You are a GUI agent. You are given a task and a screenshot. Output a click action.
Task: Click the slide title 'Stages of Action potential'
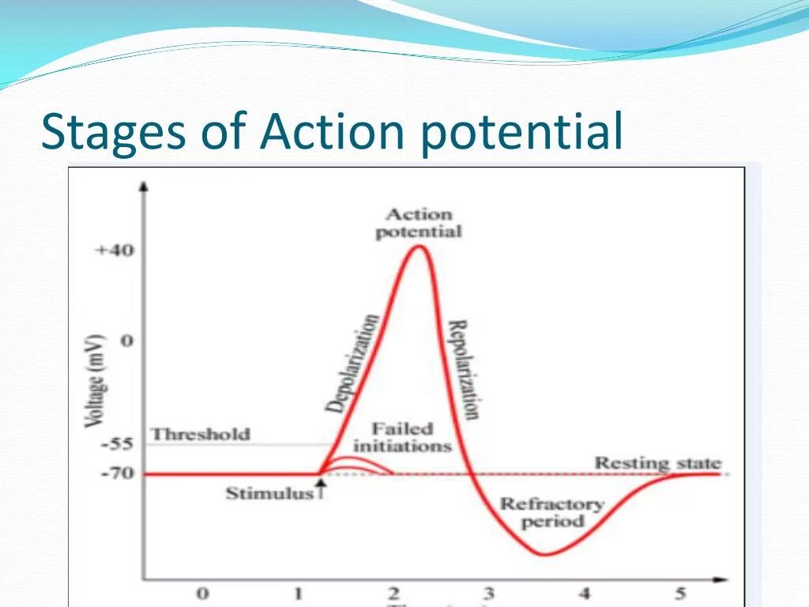click(x=332, y=131)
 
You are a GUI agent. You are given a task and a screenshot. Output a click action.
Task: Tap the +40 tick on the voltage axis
click(x=115, y=251)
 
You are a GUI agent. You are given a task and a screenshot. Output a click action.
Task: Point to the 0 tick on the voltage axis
click(x=127, y=341)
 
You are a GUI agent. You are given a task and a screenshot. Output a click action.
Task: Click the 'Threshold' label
click(x=200, y=434)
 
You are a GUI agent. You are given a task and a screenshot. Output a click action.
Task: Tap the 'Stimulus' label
click(x=270, y=494)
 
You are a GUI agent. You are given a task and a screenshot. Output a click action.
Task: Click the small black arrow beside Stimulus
click(x=321, y=492)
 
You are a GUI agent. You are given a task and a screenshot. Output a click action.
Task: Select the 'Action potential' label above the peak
click(x=418, y=223)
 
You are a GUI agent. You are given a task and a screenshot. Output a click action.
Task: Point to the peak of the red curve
click(x=420, y=247)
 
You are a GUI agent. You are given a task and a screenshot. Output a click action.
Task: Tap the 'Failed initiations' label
click(x=402, y=437)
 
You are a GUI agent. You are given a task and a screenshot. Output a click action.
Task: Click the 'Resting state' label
click(x=657, y=463)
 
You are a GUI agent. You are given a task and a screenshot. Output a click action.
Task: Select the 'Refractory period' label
click(x=552, y=512)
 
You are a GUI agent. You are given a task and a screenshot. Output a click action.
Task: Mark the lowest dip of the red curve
click(x=544, y=554)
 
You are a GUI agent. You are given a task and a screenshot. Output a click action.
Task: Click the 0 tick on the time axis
click(x=203, y=594)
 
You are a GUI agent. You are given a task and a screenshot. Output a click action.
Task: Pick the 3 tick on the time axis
click(x=489, y=594)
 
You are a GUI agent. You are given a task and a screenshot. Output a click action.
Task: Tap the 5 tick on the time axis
click(x=680, y=594)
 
